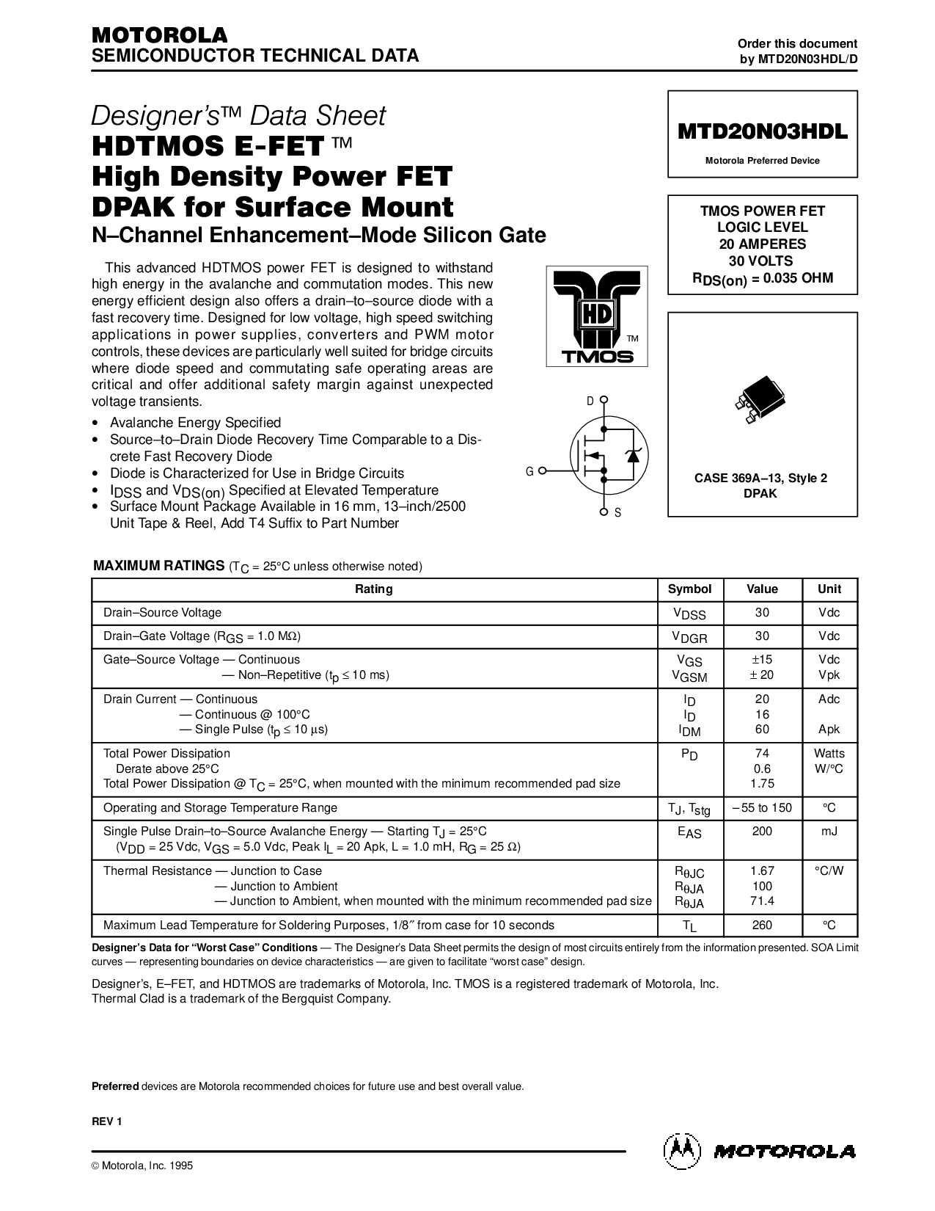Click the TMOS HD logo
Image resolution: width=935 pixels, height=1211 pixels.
[x=596, y=316]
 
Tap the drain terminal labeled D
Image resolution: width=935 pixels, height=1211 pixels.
[x=604, y=399]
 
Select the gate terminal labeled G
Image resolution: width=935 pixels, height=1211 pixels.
[x=543, y=471]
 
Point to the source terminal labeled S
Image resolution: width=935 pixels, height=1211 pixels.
[x=604, y=512]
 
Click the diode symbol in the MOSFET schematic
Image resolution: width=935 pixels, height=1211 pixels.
[x=633, y=455]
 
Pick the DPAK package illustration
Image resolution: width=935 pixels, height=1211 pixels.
[x=760, y=399]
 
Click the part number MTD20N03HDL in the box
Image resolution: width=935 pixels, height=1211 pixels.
[x=763, y=131]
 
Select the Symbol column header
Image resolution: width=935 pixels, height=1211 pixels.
[x=689, y=589]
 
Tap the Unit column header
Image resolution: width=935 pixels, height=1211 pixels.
[x=829, y=589]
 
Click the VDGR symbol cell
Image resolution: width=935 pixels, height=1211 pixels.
[x=689, y=637]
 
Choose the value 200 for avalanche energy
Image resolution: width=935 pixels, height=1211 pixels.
[x=762, y=831]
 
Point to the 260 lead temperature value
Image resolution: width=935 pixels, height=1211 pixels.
[x=762, y=925]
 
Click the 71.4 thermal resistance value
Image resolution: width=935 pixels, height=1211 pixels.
[x=762, y=901]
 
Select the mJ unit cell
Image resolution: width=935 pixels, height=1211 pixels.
[x=829, y=831]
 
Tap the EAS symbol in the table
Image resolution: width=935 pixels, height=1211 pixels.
[x=689, y=832]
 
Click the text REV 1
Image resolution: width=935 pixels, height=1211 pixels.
[x=107, y=1121]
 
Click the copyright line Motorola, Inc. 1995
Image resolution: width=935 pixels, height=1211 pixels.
[x=142, y=1165]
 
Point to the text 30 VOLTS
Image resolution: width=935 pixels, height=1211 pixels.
[x=760, y=261]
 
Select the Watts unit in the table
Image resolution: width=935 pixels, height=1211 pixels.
[x=829, y=754]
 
